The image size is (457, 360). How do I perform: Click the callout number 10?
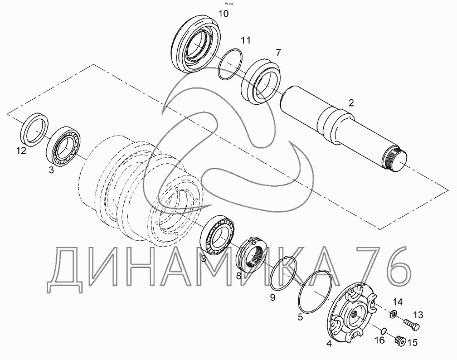(223, 14)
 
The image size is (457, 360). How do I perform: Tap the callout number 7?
(278, 53)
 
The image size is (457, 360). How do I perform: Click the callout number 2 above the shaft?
(351, 103)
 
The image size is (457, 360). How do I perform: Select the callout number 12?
(21, 150)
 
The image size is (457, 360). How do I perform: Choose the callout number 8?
(239, 275)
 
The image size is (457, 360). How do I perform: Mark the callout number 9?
(273, 298)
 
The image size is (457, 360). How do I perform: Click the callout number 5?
(300, 317)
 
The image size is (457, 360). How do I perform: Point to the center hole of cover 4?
(354, 314)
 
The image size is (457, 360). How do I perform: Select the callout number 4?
(329, 344)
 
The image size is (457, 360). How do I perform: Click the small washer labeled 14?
(393, 314)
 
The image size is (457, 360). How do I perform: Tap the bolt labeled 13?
(411, 324)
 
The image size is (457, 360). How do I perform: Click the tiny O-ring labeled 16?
(384, 330)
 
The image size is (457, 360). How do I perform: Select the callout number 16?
(380, 340)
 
